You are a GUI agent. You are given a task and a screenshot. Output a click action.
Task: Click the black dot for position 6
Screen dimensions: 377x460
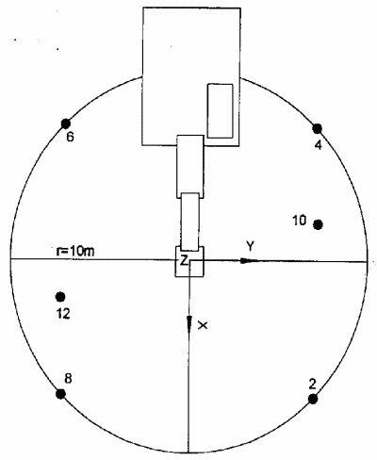click(x=65, y=123)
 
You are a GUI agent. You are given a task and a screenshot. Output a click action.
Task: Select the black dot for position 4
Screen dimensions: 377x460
click(x=318, y=128)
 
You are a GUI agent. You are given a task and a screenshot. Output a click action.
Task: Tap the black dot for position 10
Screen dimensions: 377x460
click(x=319, y=224)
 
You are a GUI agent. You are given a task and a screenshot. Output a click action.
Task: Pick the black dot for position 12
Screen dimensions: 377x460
click(x=60, y=296)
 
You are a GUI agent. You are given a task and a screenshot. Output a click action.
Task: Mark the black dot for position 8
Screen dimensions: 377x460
click(x=60, y=393)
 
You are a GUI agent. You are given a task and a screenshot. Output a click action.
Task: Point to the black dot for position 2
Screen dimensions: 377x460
click(x=313, y=399)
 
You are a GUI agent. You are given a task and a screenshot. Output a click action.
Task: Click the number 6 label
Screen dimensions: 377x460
click(x=71, y=137)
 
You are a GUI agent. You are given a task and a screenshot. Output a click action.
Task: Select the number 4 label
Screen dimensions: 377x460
click(x=319, y=145)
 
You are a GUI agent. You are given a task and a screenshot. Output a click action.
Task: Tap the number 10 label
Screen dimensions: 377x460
click(x=299, y=221)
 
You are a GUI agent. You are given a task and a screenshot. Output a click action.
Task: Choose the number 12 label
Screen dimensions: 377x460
click(x=63, y=314)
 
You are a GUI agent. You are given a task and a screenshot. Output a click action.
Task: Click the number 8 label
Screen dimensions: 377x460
click(x=68, y=379)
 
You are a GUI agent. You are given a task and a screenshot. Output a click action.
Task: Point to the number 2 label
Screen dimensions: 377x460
click(x=312, y=384)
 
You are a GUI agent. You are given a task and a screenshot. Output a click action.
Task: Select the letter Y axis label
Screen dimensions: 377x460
click(x=250, y=247)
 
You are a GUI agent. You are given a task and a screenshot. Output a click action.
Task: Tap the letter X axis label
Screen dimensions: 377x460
click(x=203, y=325)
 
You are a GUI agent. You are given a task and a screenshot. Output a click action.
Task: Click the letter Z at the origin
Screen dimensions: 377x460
click(x=184, y=260)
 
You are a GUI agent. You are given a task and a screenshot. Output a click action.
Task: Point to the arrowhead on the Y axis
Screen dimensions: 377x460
click(x=249, y=260)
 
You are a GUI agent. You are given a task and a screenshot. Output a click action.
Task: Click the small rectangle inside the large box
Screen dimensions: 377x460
click(x=220, y=111)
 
